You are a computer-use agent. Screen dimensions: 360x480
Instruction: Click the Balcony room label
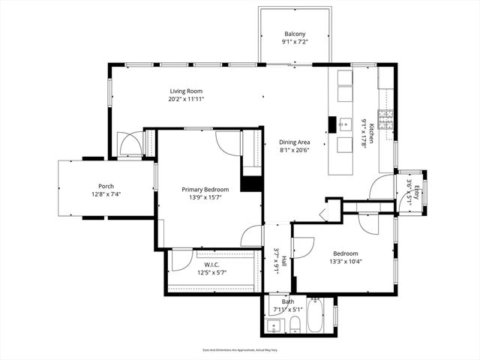point(295,34)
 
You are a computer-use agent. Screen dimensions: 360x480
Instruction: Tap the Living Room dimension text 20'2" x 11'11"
point(186,98)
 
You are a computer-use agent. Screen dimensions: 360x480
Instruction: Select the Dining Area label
point(295,141)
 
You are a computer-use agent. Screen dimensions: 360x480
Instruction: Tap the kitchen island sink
point(346,124)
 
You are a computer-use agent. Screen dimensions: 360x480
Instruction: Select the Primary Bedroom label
point(205,190)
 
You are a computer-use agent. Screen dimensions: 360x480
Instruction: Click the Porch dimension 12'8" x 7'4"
point(106,194)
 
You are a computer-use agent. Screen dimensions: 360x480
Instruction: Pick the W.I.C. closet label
point(211,264)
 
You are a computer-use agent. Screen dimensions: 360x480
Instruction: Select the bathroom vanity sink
point(272,326)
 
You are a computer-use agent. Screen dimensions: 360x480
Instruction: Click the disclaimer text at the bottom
point(240,349)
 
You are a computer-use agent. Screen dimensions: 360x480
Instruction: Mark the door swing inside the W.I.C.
point(181,259)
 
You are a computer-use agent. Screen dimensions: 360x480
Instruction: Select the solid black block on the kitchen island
point(331,124)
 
